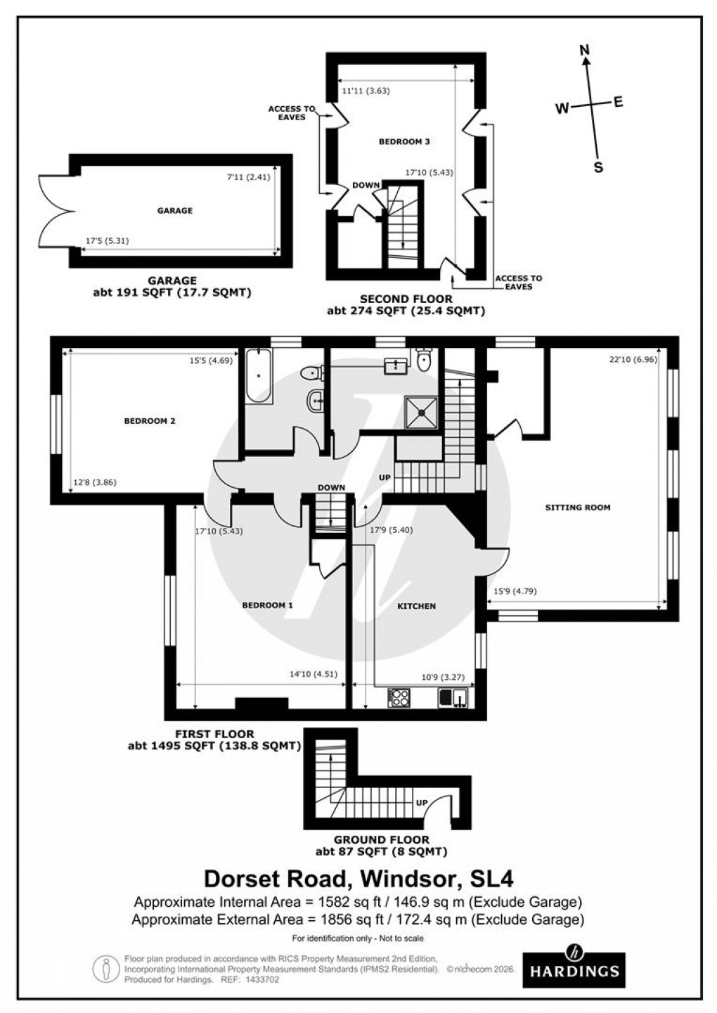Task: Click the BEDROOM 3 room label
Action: [x=404, y=141]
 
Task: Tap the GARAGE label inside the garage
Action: [x=174, y=210]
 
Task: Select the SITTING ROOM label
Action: [x=578, y=507]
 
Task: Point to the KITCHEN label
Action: [x=417, y=605]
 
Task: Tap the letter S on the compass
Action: [x=599, y=168]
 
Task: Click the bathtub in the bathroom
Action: [x=259, y=375]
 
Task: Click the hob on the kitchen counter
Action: [x=399, y=697]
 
